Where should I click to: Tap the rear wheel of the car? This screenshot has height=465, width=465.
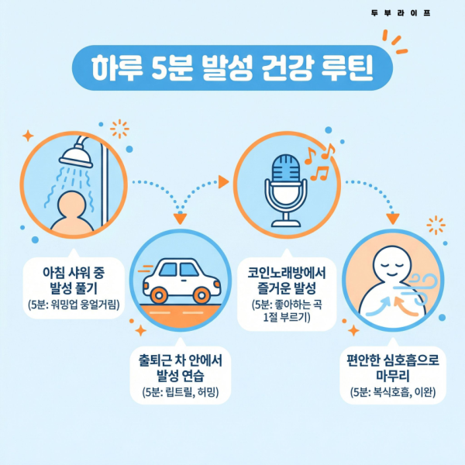160,294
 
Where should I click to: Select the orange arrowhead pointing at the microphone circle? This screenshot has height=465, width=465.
224,182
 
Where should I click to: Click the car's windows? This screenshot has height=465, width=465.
177,270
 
